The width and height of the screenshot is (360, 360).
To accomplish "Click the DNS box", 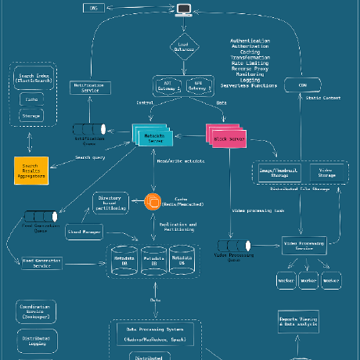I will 94,8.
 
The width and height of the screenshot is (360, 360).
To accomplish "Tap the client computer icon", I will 184,9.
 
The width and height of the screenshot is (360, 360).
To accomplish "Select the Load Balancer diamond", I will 184,48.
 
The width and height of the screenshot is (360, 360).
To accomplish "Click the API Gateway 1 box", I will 169,85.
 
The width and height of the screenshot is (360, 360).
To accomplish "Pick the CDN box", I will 301,85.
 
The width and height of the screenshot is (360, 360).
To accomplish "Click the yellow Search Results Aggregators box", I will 31,172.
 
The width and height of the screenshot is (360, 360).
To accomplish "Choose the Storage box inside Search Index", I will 31,116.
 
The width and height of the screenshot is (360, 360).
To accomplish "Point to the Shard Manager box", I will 84,232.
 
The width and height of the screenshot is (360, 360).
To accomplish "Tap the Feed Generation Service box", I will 42,265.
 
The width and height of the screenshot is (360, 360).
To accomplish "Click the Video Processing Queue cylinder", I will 231,247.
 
